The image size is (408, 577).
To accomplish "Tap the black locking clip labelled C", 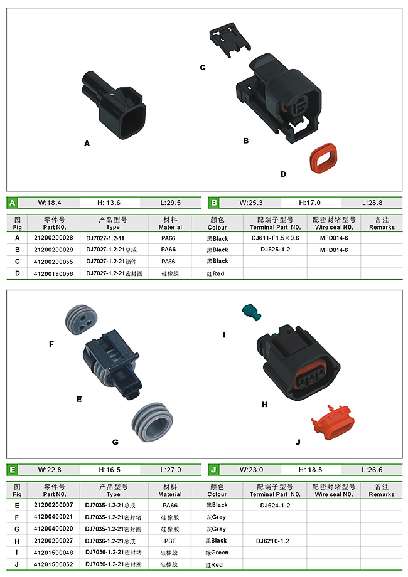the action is (230, 39).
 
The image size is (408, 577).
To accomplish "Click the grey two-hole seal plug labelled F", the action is (82, 319).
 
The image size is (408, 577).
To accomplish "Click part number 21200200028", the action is (53, 238).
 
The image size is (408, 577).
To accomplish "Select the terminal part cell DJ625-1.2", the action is (275, 250).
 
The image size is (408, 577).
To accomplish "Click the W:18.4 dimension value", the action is (50, 203).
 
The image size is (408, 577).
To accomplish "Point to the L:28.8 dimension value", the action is (372, 203).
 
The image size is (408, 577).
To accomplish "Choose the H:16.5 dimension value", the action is (109, 470).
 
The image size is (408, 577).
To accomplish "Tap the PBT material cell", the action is (169, 541).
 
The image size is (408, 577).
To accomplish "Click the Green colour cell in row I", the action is (217, 553).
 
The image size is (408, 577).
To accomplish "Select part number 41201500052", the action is (53, 564).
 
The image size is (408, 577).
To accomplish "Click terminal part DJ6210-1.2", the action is (272, 541).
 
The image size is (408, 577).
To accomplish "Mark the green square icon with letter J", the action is (213, 470).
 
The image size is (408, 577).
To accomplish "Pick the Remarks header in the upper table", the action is (382, 223).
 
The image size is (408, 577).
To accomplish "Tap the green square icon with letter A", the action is (13, 203).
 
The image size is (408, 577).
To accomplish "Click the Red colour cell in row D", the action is (215, 273).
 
